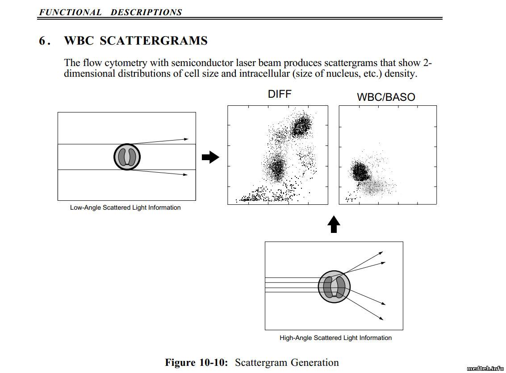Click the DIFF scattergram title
click(x=280, y=94)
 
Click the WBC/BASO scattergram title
click(x=386, y=97)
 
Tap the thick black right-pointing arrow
click(x=211, y=157)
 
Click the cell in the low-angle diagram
click(x=127, y=157)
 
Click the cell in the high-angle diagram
click(x=334, y=286)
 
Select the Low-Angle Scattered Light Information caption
click(x=125, y=207)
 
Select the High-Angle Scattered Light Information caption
click(x=335, y=338)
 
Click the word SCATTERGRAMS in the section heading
click(x=154, y=41)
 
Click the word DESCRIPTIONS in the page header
click(x=146, y=12)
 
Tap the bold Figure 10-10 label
click(x=197, y=362)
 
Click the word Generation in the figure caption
click(x=314, y=362)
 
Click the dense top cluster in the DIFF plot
click(x=301, y=126)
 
